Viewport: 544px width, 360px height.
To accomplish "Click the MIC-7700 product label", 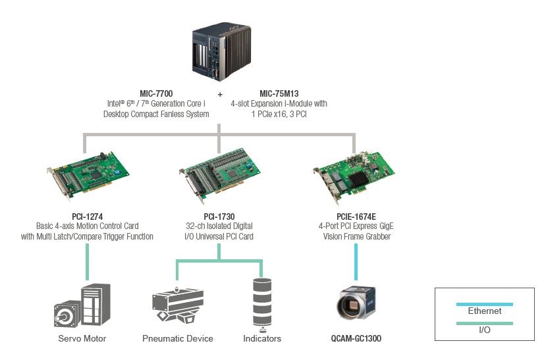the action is [156, 93].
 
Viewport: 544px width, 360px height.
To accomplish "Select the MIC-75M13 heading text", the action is [279, 93].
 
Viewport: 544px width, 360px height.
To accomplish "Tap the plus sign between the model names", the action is [220, 94].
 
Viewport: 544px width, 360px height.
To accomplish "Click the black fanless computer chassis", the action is [221, 51].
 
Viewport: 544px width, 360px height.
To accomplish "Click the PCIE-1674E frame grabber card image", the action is [354, 178].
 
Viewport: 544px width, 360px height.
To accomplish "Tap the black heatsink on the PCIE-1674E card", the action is [358, 180].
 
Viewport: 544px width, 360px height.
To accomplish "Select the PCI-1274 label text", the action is [88, 217].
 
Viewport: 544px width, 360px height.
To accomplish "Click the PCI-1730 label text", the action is [219, 217].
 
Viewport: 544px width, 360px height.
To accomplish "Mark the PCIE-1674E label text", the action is [356, 217].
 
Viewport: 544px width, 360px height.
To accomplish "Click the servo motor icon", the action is [82, 305].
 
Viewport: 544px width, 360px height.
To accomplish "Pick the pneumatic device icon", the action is [178, 305].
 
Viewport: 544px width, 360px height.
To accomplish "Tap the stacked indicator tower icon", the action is [262, 305].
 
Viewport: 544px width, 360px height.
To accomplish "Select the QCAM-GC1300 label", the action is [356, 338].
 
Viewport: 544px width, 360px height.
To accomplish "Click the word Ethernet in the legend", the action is [485, 311].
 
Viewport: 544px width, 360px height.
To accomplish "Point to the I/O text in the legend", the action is [485, 330].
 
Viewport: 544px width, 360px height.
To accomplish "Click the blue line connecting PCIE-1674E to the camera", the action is [356, 262].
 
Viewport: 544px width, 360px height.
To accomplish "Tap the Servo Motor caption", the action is [82, 338].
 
